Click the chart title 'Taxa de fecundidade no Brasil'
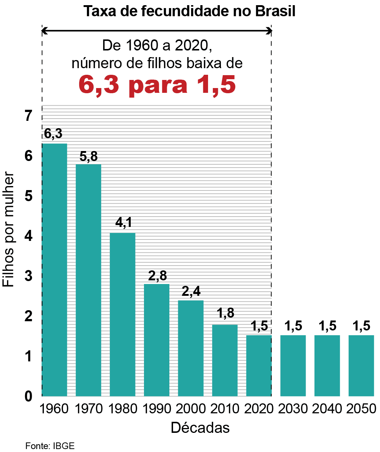189,11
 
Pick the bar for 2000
191,348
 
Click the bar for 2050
361,365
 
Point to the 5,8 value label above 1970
89,156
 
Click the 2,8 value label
157,276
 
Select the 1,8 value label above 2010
225,313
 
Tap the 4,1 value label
123,223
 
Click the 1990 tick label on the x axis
157,409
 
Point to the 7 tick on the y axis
29,116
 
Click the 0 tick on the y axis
29,397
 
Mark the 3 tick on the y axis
29,276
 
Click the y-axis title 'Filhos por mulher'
8,229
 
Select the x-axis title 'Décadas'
200,428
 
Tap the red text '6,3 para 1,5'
157,84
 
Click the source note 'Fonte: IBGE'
50,446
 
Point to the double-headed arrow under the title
157,31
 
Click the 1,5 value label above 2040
327,326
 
